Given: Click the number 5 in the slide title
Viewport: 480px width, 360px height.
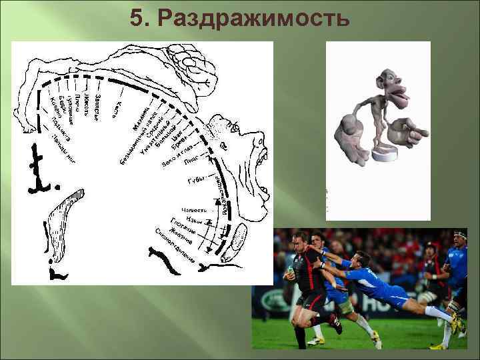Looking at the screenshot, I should (x=137, y=19).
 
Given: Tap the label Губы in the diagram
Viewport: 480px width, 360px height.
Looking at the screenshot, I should (x=196, y=181).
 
